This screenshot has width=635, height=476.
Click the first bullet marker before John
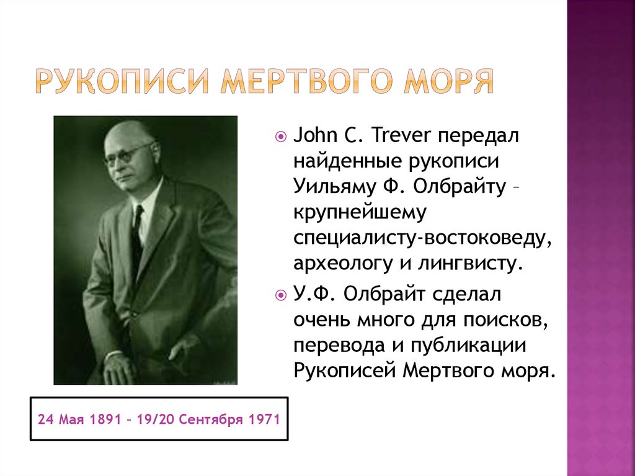coord(281,135)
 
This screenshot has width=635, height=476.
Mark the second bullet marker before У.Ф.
coord(281,294)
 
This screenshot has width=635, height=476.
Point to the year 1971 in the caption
coord(264,420)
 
